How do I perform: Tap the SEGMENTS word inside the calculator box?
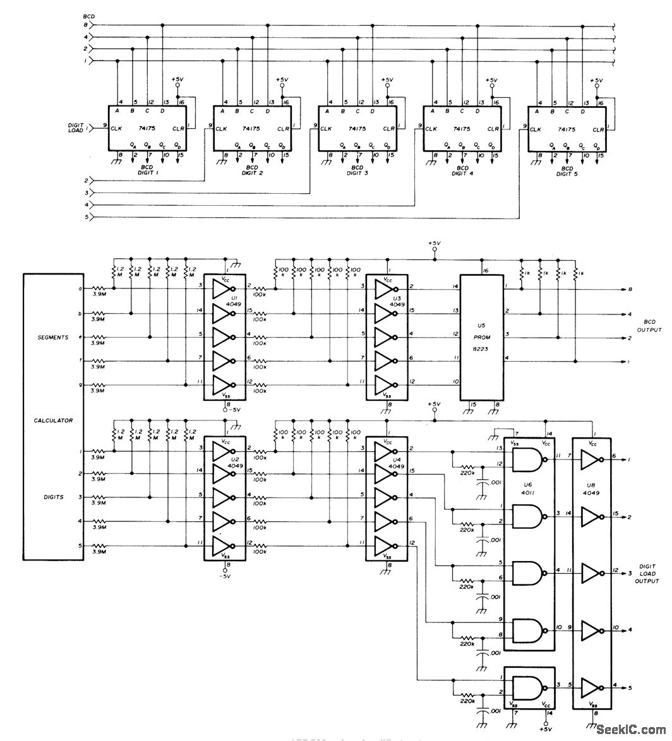pyautogui.click(x=53, y=337)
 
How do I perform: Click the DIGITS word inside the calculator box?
pyautogui.click(x=53, y=499)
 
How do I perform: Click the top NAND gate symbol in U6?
pyautogui.click(x=526, y=459)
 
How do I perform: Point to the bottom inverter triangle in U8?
pyautogui.click(x=591, y=686)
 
